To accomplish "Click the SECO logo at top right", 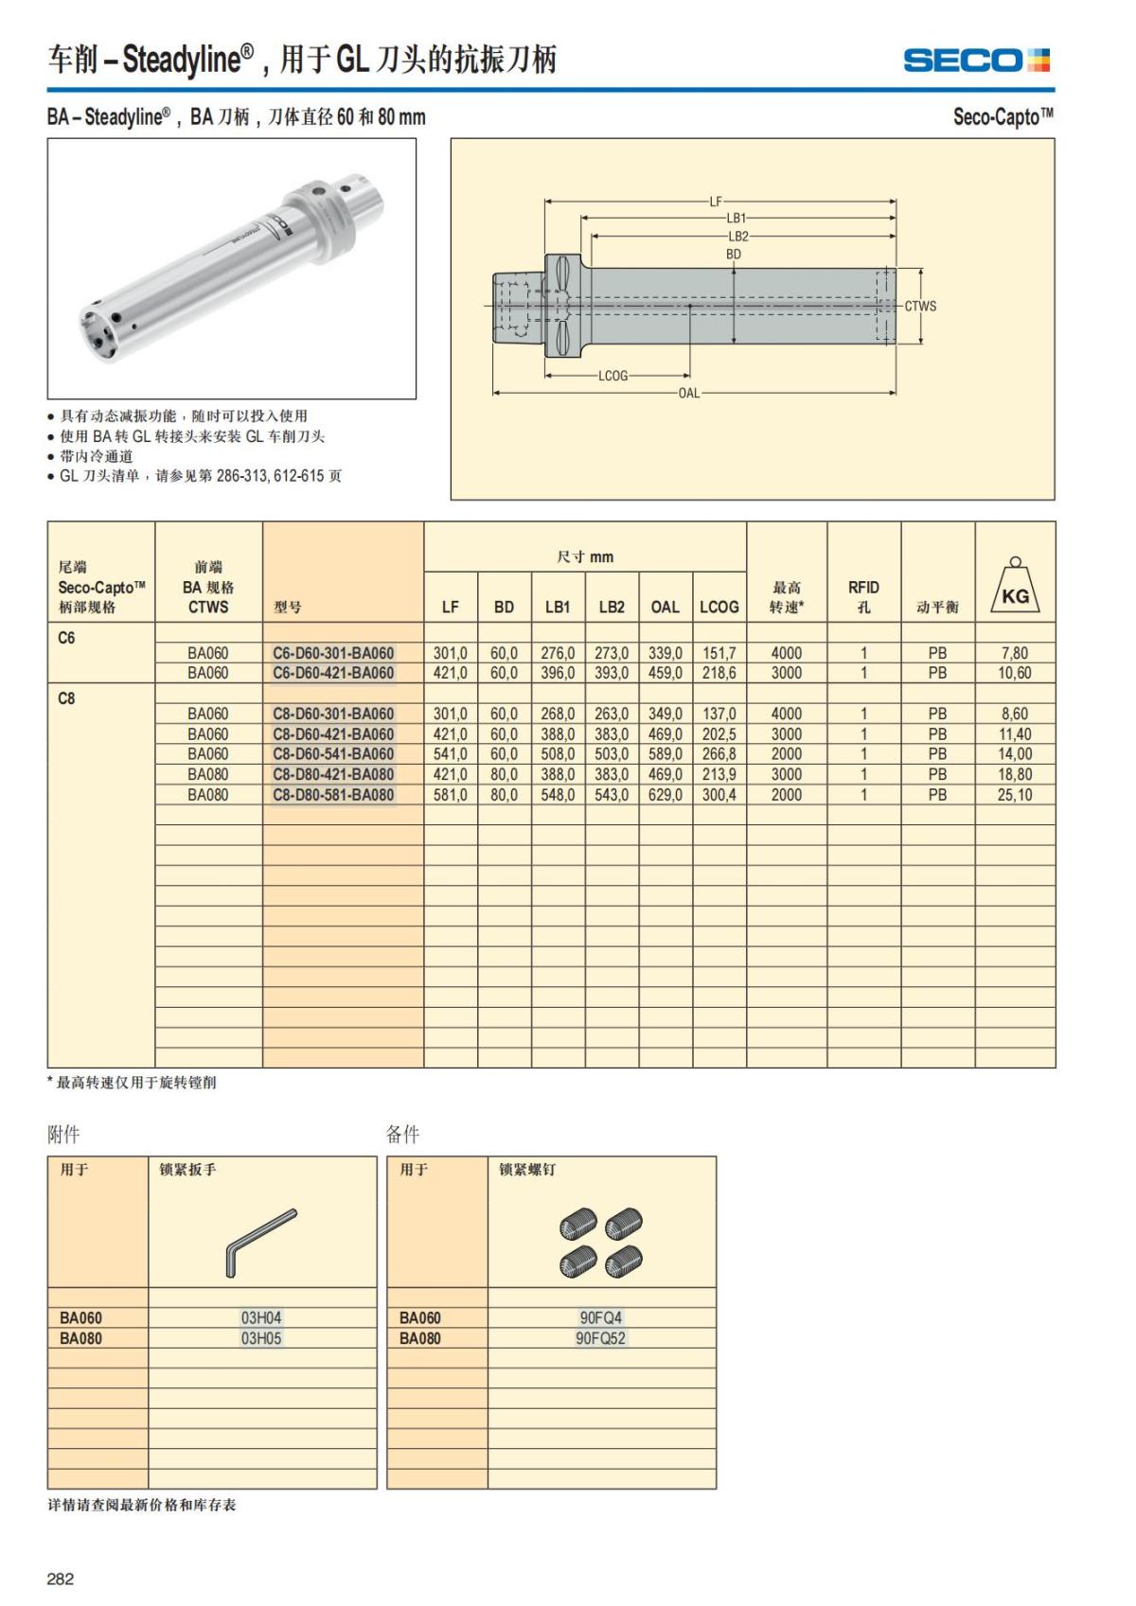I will [x=976, y=61].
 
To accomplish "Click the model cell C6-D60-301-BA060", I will [x=333, y=653].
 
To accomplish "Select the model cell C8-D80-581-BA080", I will [x=333, y=795].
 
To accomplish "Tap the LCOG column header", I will [x=719, y=607].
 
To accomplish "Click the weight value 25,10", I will [x=1015, y=795].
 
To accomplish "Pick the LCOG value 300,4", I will [x=719, y=795].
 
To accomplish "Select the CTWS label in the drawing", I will [x=920, y=306].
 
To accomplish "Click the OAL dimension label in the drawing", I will [x=689, y=393].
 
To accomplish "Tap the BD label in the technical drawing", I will [x=734, y=255].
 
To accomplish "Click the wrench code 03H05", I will [x=261, y=1338].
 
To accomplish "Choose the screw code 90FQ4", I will [x=601, y=1317].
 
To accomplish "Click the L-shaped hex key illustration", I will [x=260, y=1240].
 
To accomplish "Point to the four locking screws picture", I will [x=601, y=1240].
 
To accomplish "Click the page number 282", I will [x=61, y=1579].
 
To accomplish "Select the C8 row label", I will [x=66, y=698].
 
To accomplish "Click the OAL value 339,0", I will [x=666, y=653].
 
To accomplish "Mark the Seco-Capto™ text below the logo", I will [x=1003, y=117].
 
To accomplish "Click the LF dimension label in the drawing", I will [x=716, y=202].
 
